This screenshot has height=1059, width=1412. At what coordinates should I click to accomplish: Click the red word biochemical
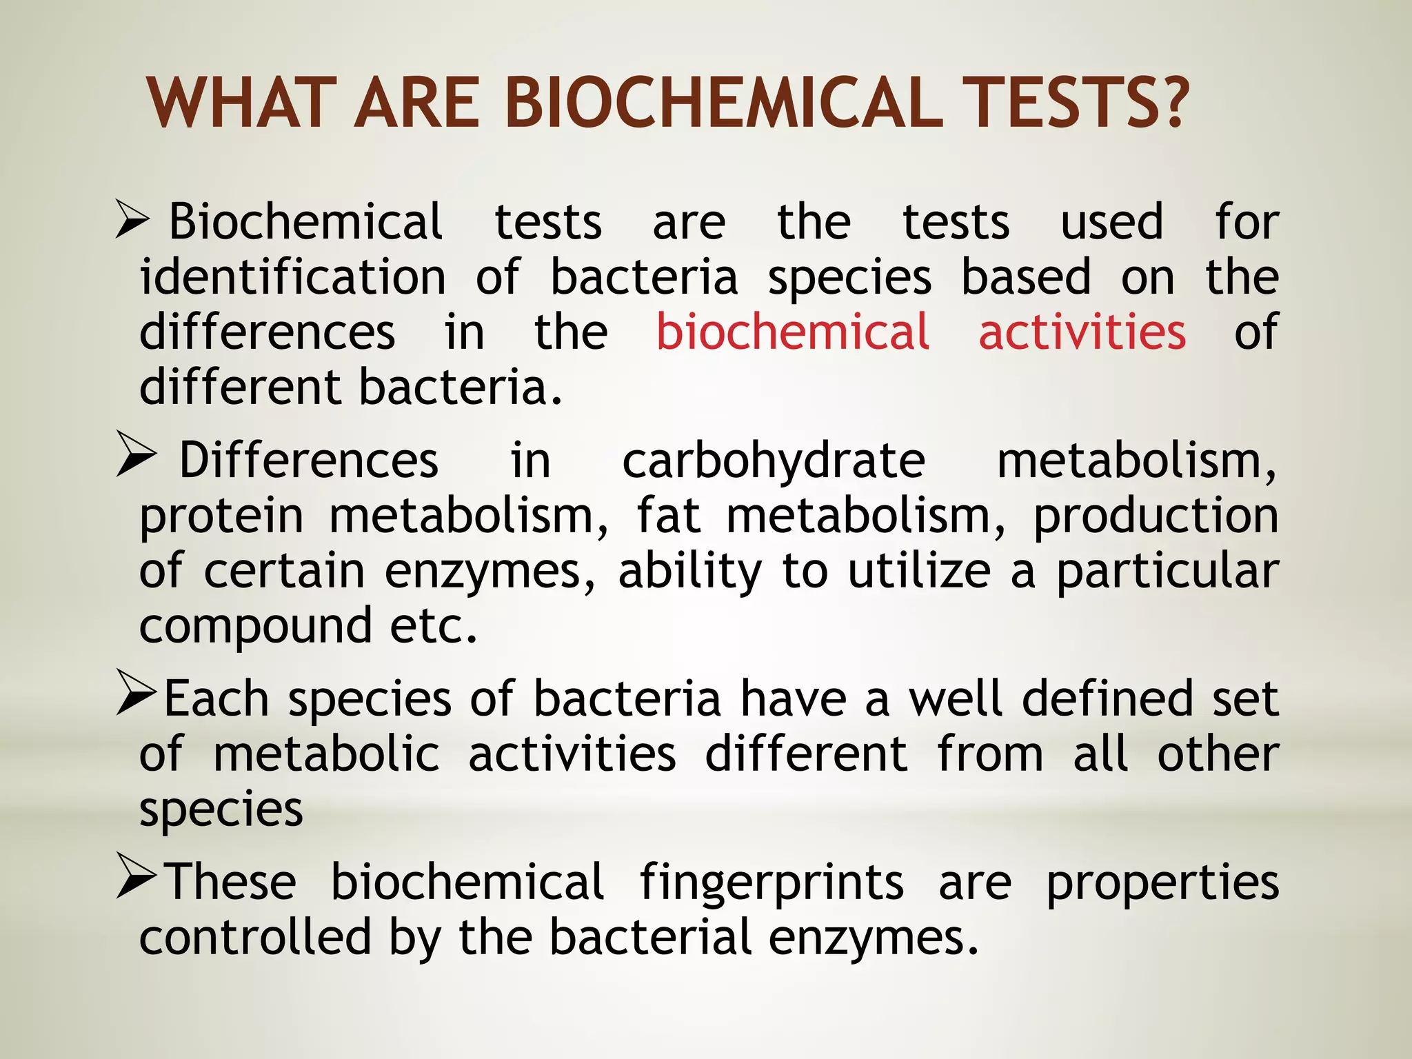tap(792, 332)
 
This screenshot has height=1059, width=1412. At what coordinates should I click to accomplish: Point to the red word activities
tap(1082, 332)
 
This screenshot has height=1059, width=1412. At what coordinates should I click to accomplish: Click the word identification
tap(293, 277)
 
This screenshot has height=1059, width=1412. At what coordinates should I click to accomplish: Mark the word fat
tap(668, 516)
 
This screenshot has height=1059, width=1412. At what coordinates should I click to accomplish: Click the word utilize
tap(919, 571)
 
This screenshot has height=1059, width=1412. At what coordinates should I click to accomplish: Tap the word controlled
tap(256, 938)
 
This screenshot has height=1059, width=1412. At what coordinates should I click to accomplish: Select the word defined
tap(1107, 699)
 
